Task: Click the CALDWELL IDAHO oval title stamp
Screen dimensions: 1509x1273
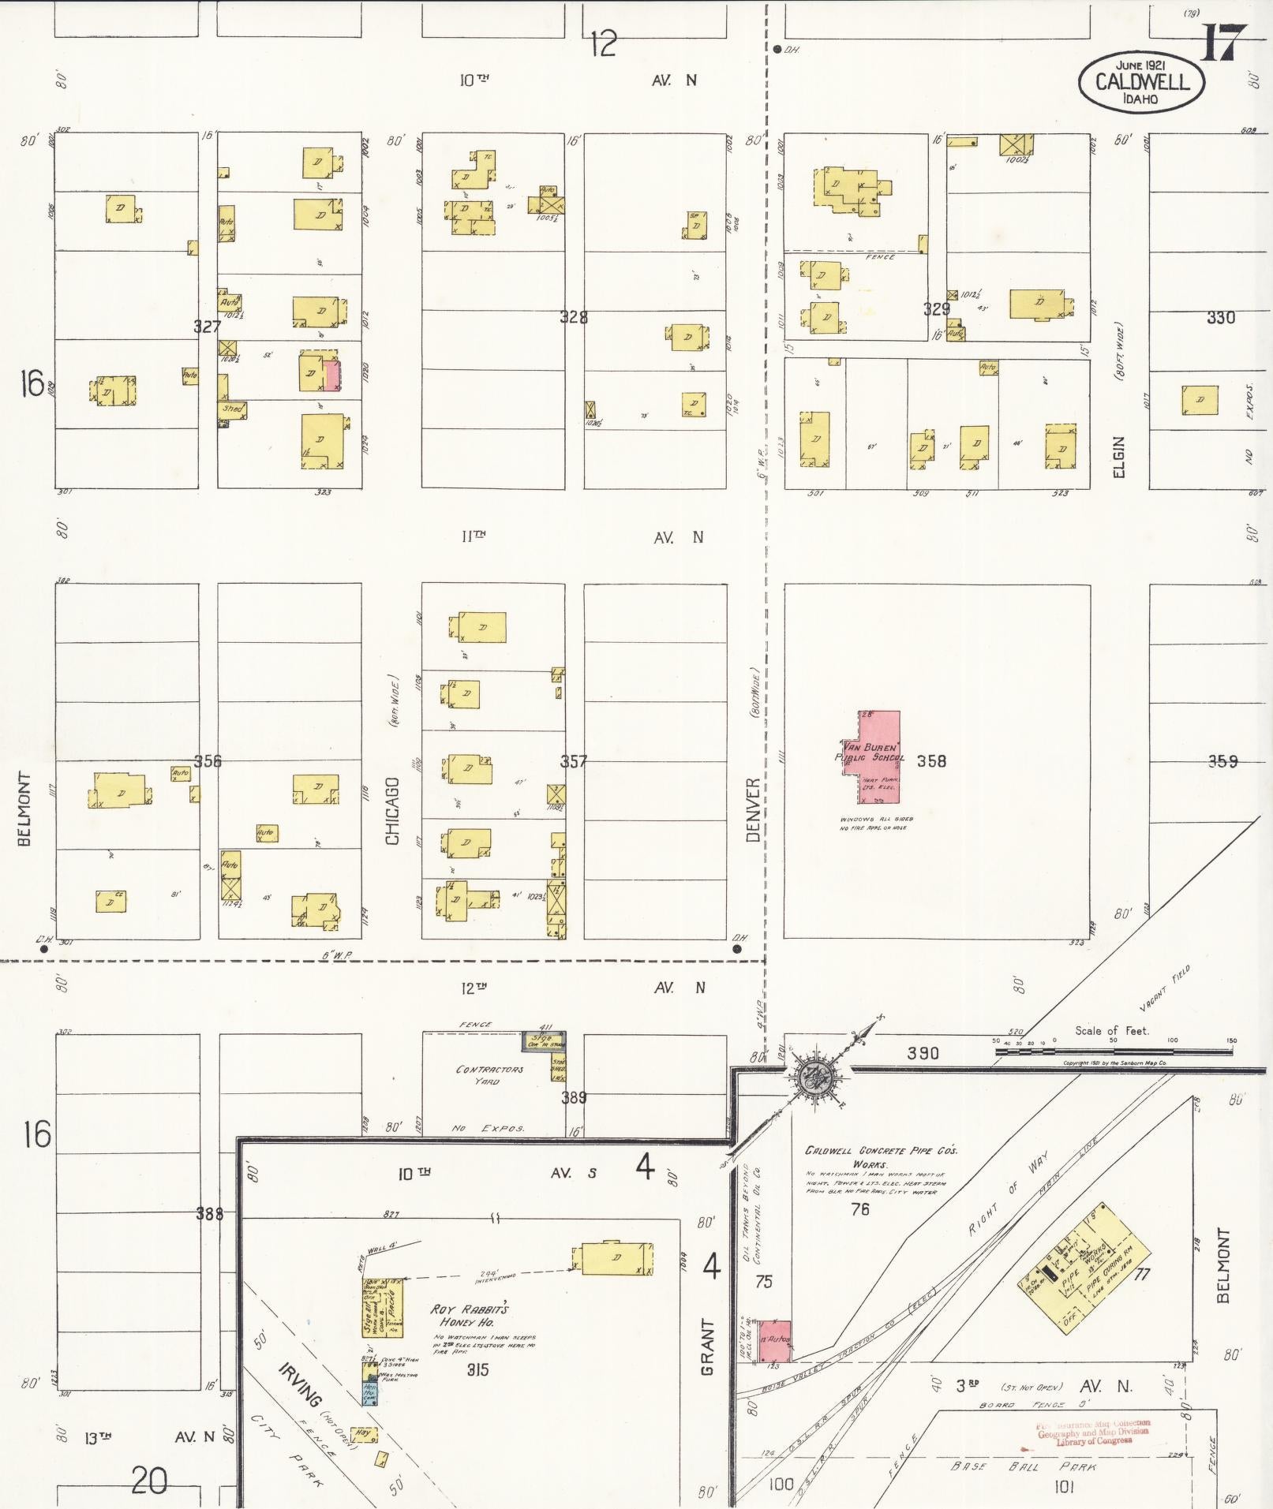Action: point(1141,81)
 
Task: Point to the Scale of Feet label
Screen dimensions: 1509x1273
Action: point(1112,1030)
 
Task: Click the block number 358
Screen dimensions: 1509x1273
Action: point(930,761)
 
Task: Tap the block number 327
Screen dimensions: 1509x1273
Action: point(207,326)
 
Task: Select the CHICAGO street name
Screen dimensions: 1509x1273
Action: point(393,811)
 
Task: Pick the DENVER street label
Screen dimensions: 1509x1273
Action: point(753,809)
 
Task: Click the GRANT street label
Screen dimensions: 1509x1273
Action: point(707,1347)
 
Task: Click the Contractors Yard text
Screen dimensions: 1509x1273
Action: point(489,1075)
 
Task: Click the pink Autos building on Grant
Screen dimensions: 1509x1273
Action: point(773,1339)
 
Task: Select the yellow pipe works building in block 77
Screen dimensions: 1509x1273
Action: point(1085,1264)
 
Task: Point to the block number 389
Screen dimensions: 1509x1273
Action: point(573,1097)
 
